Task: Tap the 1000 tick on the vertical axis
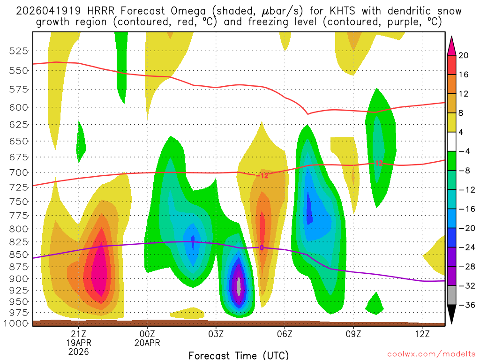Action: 17,323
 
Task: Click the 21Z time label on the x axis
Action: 78,333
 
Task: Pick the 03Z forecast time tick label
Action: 216,333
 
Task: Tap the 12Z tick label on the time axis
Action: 422,333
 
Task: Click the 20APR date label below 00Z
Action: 147,343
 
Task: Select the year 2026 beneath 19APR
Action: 78,352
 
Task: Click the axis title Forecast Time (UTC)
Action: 239,355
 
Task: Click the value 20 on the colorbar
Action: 464,55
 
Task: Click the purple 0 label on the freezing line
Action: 262,247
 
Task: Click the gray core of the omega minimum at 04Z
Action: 239,285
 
